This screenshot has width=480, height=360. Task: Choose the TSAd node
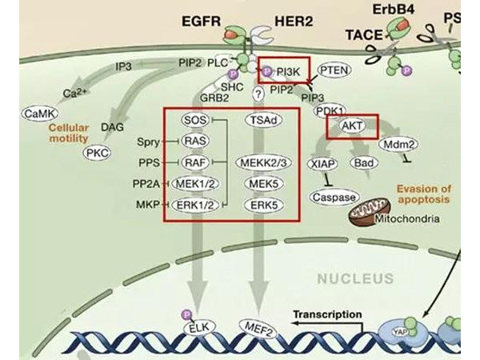261,120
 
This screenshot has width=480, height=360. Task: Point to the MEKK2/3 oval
262,162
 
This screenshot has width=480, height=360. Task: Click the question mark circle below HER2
258,94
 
